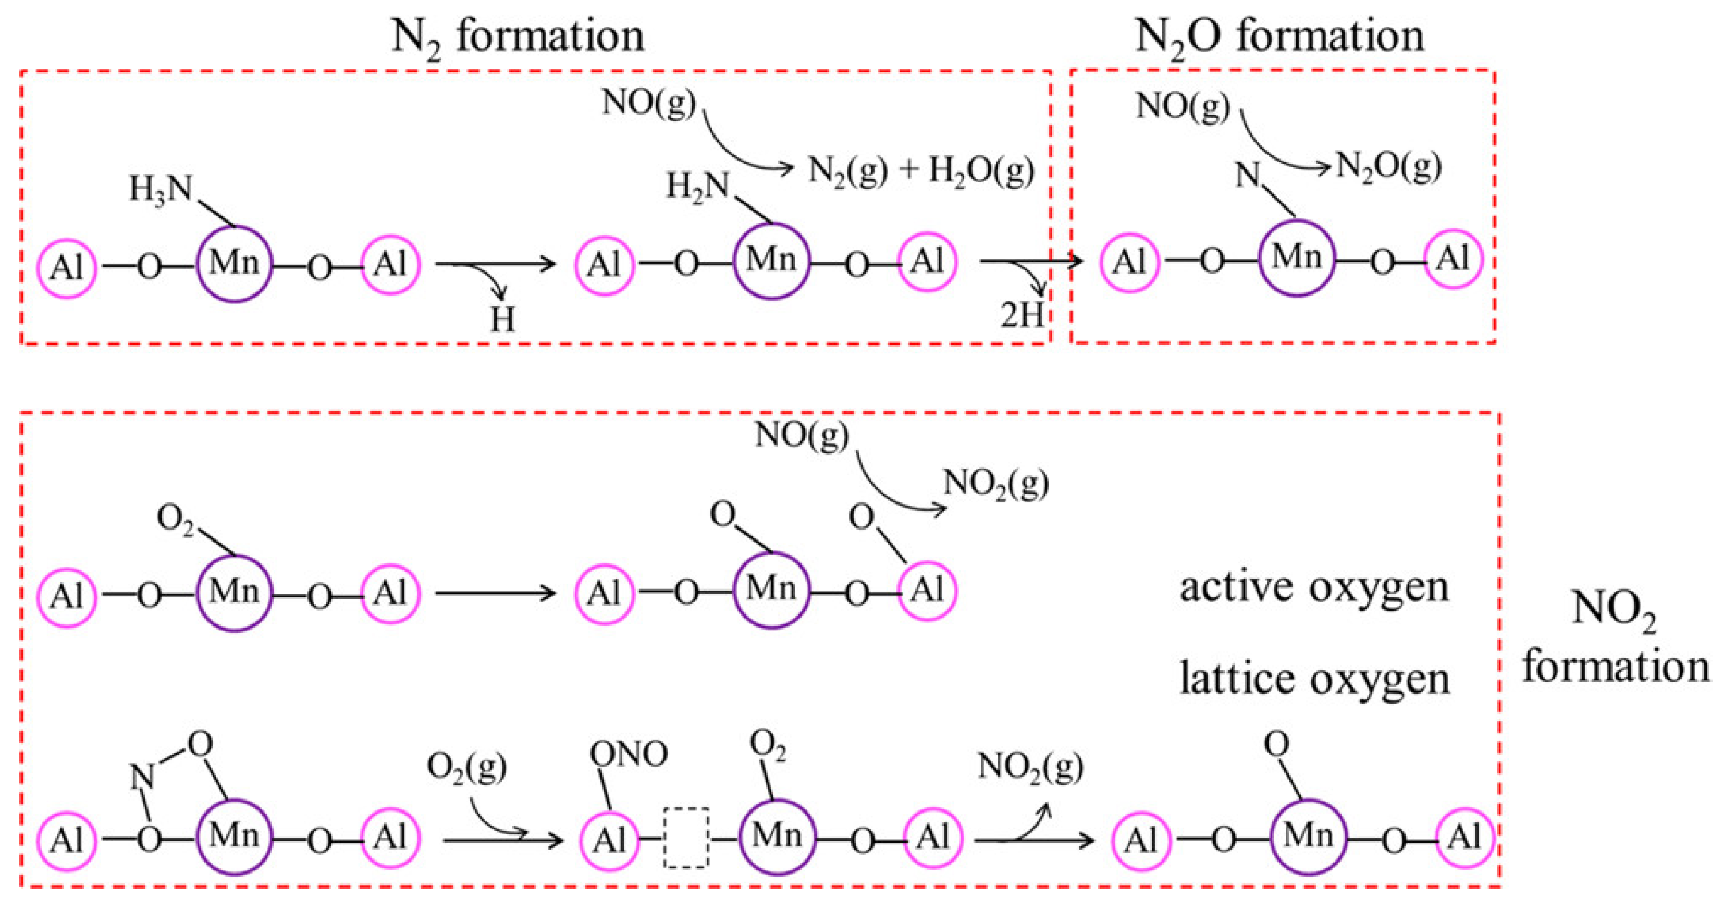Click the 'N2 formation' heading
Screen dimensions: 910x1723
[x=517, y=37]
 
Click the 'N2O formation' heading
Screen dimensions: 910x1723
[x=1279, y=37]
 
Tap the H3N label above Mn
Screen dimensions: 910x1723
[x=161, y=189]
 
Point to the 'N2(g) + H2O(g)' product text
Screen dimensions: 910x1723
[x=921, y=171]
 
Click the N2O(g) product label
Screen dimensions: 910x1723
[x=1388, y=167]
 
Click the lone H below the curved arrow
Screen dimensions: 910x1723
[x=502, y=319]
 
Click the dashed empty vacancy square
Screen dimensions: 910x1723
[x=686, y=838]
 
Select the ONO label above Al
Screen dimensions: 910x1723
[x=628, y=754]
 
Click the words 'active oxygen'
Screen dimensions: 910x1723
[x=1314, y=587]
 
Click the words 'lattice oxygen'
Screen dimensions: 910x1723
[x=1314, y=679]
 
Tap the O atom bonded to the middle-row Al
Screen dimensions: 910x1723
[x=861, y=517]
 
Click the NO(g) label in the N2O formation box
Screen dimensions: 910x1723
[x=1183, y=106]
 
